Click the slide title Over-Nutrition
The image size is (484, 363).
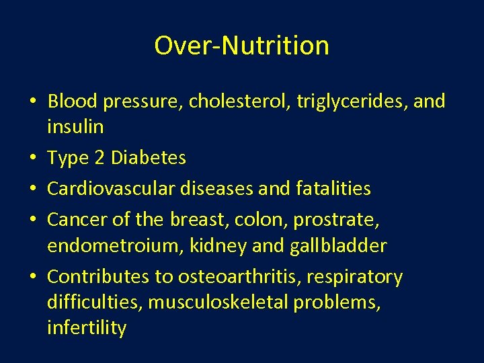(x=242, y=46)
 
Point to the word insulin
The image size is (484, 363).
(x=75, y=126)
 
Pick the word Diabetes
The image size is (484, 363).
(x=149, y=158)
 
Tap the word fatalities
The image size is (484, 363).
(x=333, y=189)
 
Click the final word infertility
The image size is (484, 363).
(x=87, y=329)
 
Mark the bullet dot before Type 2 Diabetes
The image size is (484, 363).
(x=33, y=159)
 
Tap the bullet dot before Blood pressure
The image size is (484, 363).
(x=33, y=102)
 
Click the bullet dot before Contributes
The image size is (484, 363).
(x=33, y=278)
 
